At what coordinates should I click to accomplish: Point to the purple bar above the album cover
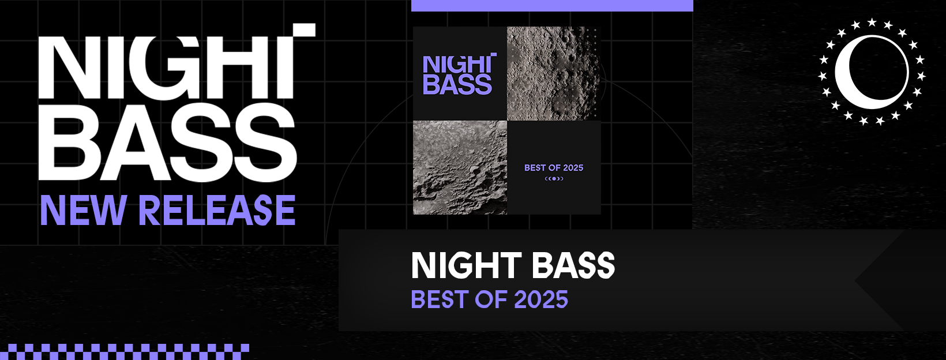552,5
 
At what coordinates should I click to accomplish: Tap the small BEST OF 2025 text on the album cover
554,167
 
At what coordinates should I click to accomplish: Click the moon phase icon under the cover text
554,179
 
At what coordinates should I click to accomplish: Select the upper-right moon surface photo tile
554,73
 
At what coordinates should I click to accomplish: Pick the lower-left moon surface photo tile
460,167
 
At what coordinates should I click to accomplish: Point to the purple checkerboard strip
125,351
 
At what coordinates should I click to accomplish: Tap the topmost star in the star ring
872,22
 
